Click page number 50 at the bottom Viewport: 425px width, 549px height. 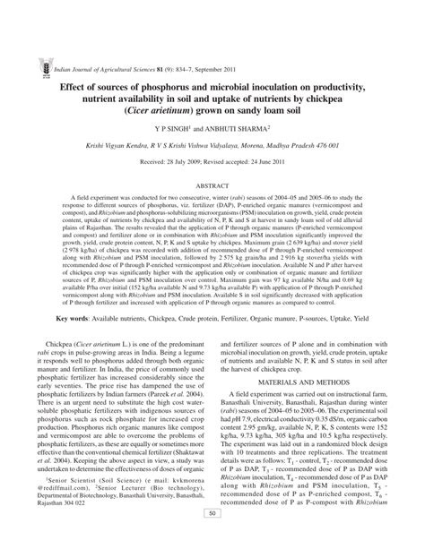click(212, 538)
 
